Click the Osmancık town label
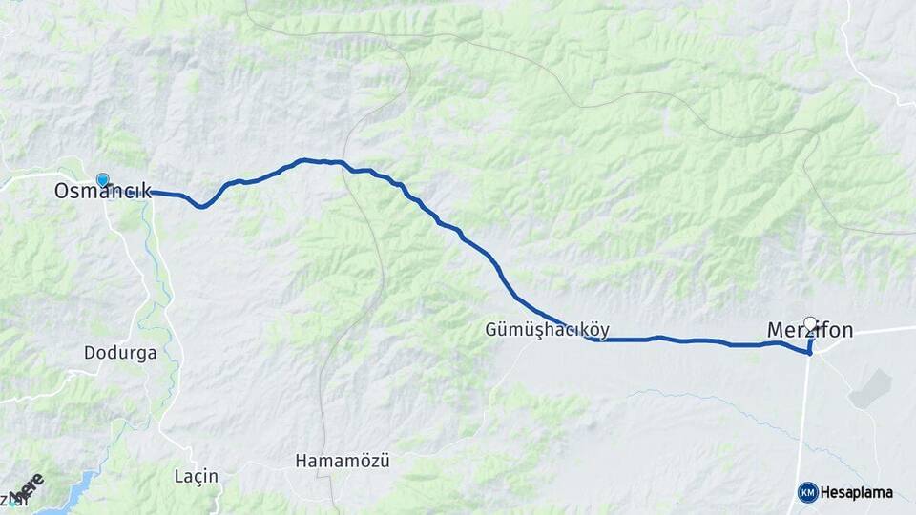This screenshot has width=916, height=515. [102, 192]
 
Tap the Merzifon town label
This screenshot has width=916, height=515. [809, 331]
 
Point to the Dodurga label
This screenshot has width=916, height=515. [120, 352]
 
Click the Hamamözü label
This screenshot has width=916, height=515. [343, 461]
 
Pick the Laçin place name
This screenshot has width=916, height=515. [197, 476]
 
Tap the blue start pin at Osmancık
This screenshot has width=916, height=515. [102, 179]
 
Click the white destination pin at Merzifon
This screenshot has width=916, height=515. [811, 323]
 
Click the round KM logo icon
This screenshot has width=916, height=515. [807, 492]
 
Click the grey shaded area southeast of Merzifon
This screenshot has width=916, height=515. [871, 389]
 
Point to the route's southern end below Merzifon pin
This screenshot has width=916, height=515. [809, 354]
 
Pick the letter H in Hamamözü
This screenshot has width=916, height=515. [302, 461]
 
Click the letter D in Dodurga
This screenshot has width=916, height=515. [90, 352]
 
